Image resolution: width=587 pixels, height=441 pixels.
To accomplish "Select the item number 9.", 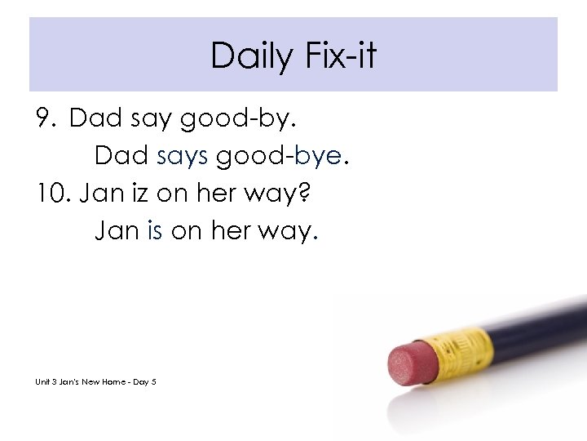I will pyautogui.click(x=46, y=119).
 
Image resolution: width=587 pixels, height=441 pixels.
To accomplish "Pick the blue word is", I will pyautogui.click(x=156, y=233).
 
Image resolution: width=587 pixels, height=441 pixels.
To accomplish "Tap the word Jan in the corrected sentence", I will pyautogui.click(x=118, y=233).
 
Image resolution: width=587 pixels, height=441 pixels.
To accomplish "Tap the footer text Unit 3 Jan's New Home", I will pyautogui.click(x=82, y=381).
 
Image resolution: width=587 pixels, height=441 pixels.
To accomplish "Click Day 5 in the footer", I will pyautogui.click(x=143, y=381).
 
